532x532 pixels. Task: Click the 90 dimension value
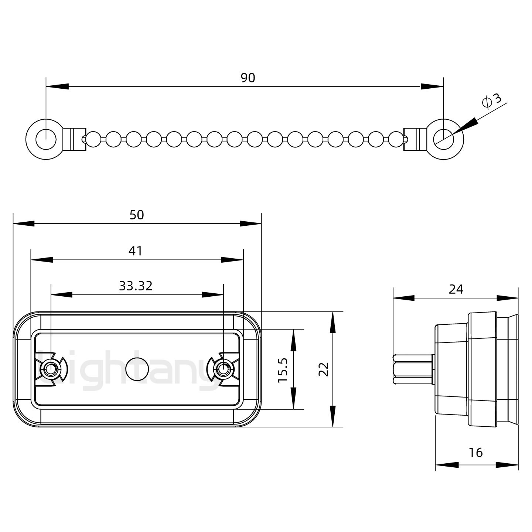pos(248,78)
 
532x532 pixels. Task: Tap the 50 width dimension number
pos(137,215)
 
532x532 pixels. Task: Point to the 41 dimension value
pos(135,251)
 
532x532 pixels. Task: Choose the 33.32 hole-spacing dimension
pos(136,286)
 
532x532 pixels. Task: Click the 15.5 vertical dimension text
pos(283,369)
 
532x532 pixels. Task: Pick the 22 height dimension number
pos(324,369)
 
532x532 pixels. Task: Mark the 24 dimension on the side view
pos(456,289)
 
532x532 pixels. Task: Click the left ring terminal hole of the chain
pos(46,139)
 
